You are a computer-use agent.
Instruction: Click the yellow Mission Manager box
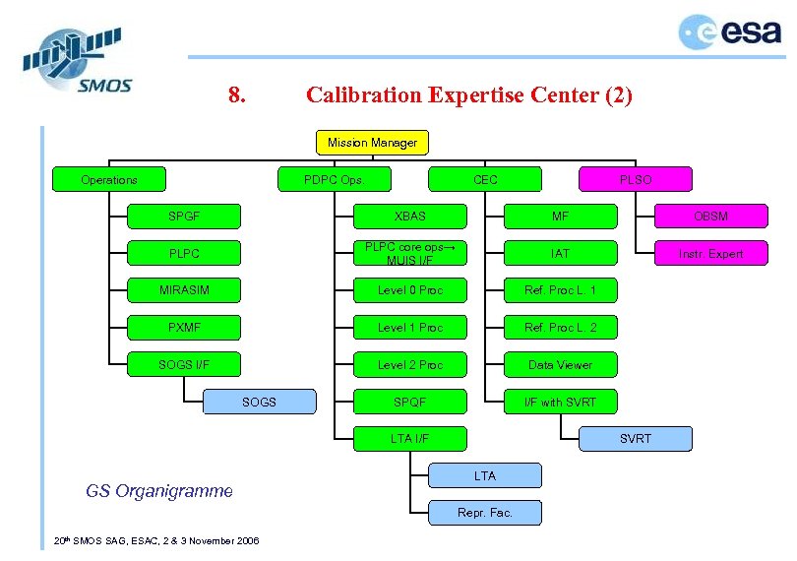(x=372, y=143)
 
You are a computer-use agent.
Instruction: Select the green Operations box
(x=109, y=180)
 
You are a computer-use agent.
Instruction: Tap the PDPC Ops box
(x=333, y=180)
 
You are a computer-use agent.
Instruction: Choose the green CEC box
(x=485, y=180)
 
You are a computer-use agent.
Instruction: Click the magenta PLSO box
(x=635, y=180)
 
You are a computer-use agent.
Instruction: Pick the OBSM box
(x=710, y=217)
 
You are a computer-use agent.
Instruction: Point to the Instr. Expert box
(x=710, y=254)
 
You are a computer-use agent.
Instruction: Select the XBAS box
(x=410, y=217)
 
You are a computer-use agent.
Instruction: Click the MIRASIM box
(x=185, y=290)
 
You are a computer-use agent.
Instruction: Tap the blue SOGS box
(x=259, y=402)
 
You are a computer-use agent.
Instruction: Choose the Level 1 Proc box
(x=410, y=328)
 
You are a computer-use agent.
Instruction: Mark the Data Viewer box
(x=560, y=365)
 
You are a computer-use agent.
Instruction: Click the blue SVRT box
(x=635, y=438)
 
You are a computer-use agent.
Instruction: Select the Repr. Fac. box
(x=485, y=513)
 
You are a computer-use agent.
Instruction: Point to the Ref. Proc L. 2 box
(x=560, y=328)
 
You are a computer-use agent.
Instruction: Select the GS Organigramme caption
(x=159, y=490)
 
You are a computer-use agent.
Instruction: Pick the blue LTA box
(x=485, y=475)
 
